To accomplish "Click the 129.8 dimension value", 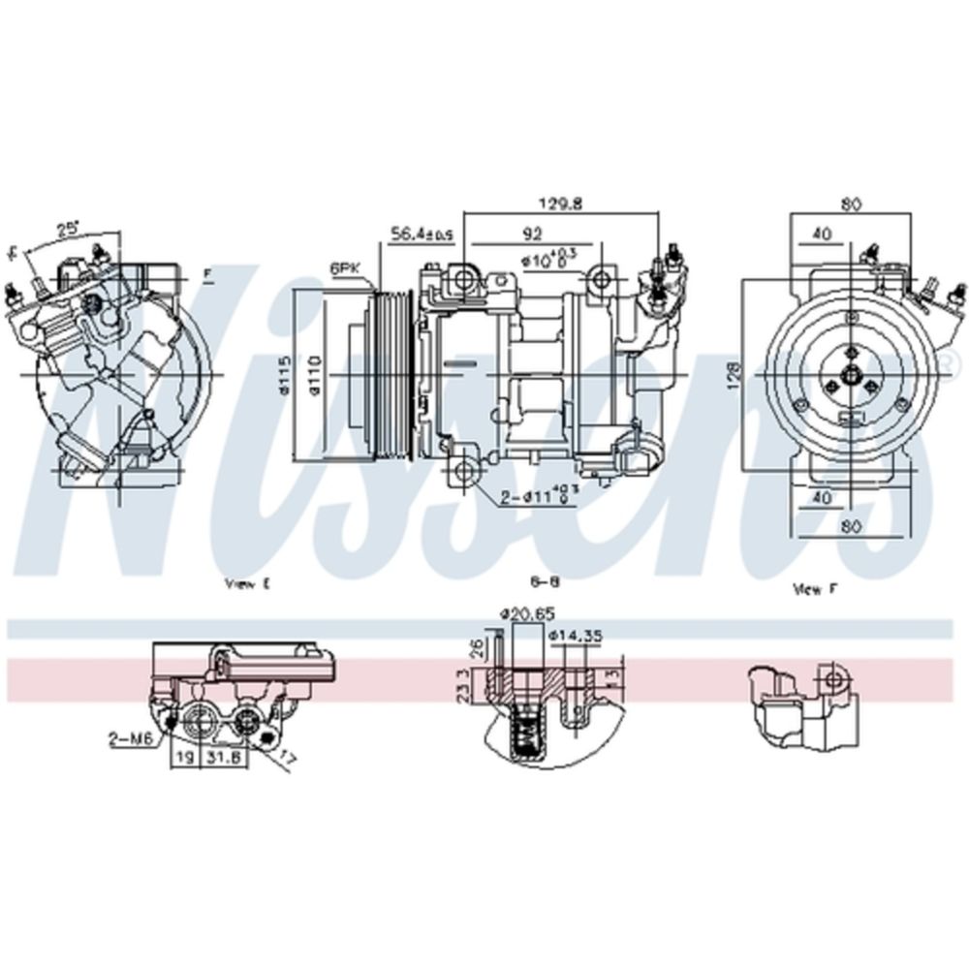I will tap(560, 204).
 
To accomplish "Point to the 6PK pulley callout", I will tap(343, 266).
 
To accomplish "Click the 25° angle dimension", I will tap(67, 229).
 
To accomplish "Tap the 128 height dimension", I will tap(735, 372).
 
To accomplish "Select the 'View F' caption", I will tap(807, 587).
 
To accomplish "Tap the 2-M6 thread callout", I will tap(131, 738).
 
